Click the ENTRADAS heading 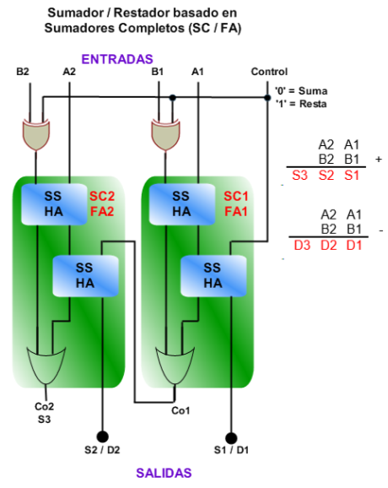coord(117,59)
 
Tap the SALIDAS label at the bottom coord(164,473)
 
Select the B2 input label coord(23,72)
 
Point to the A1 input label coord(197,72)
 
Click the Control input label coord(269,72)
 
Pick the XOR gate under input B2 coord(36,134)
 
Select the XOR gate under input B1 coord(165,134)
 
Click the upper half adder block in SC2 coord(54,204)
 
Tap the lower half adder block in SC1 coord(213,276)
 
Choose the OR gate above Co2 coord(46,366)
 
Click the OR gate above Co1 coord(175,366)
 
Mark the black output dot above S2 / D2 coord(102,436)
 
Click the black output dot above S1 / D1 coord(230,438)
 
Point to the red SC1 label coord(236,197)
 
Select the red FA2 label coord(102,212)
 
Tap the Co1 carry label coord(181,411)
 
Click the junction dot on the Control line coord(267,98)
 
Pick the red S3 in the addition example coord(299,176)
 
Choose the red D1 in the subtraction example coord(354,246)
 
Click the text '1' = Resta coord(301,104)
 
